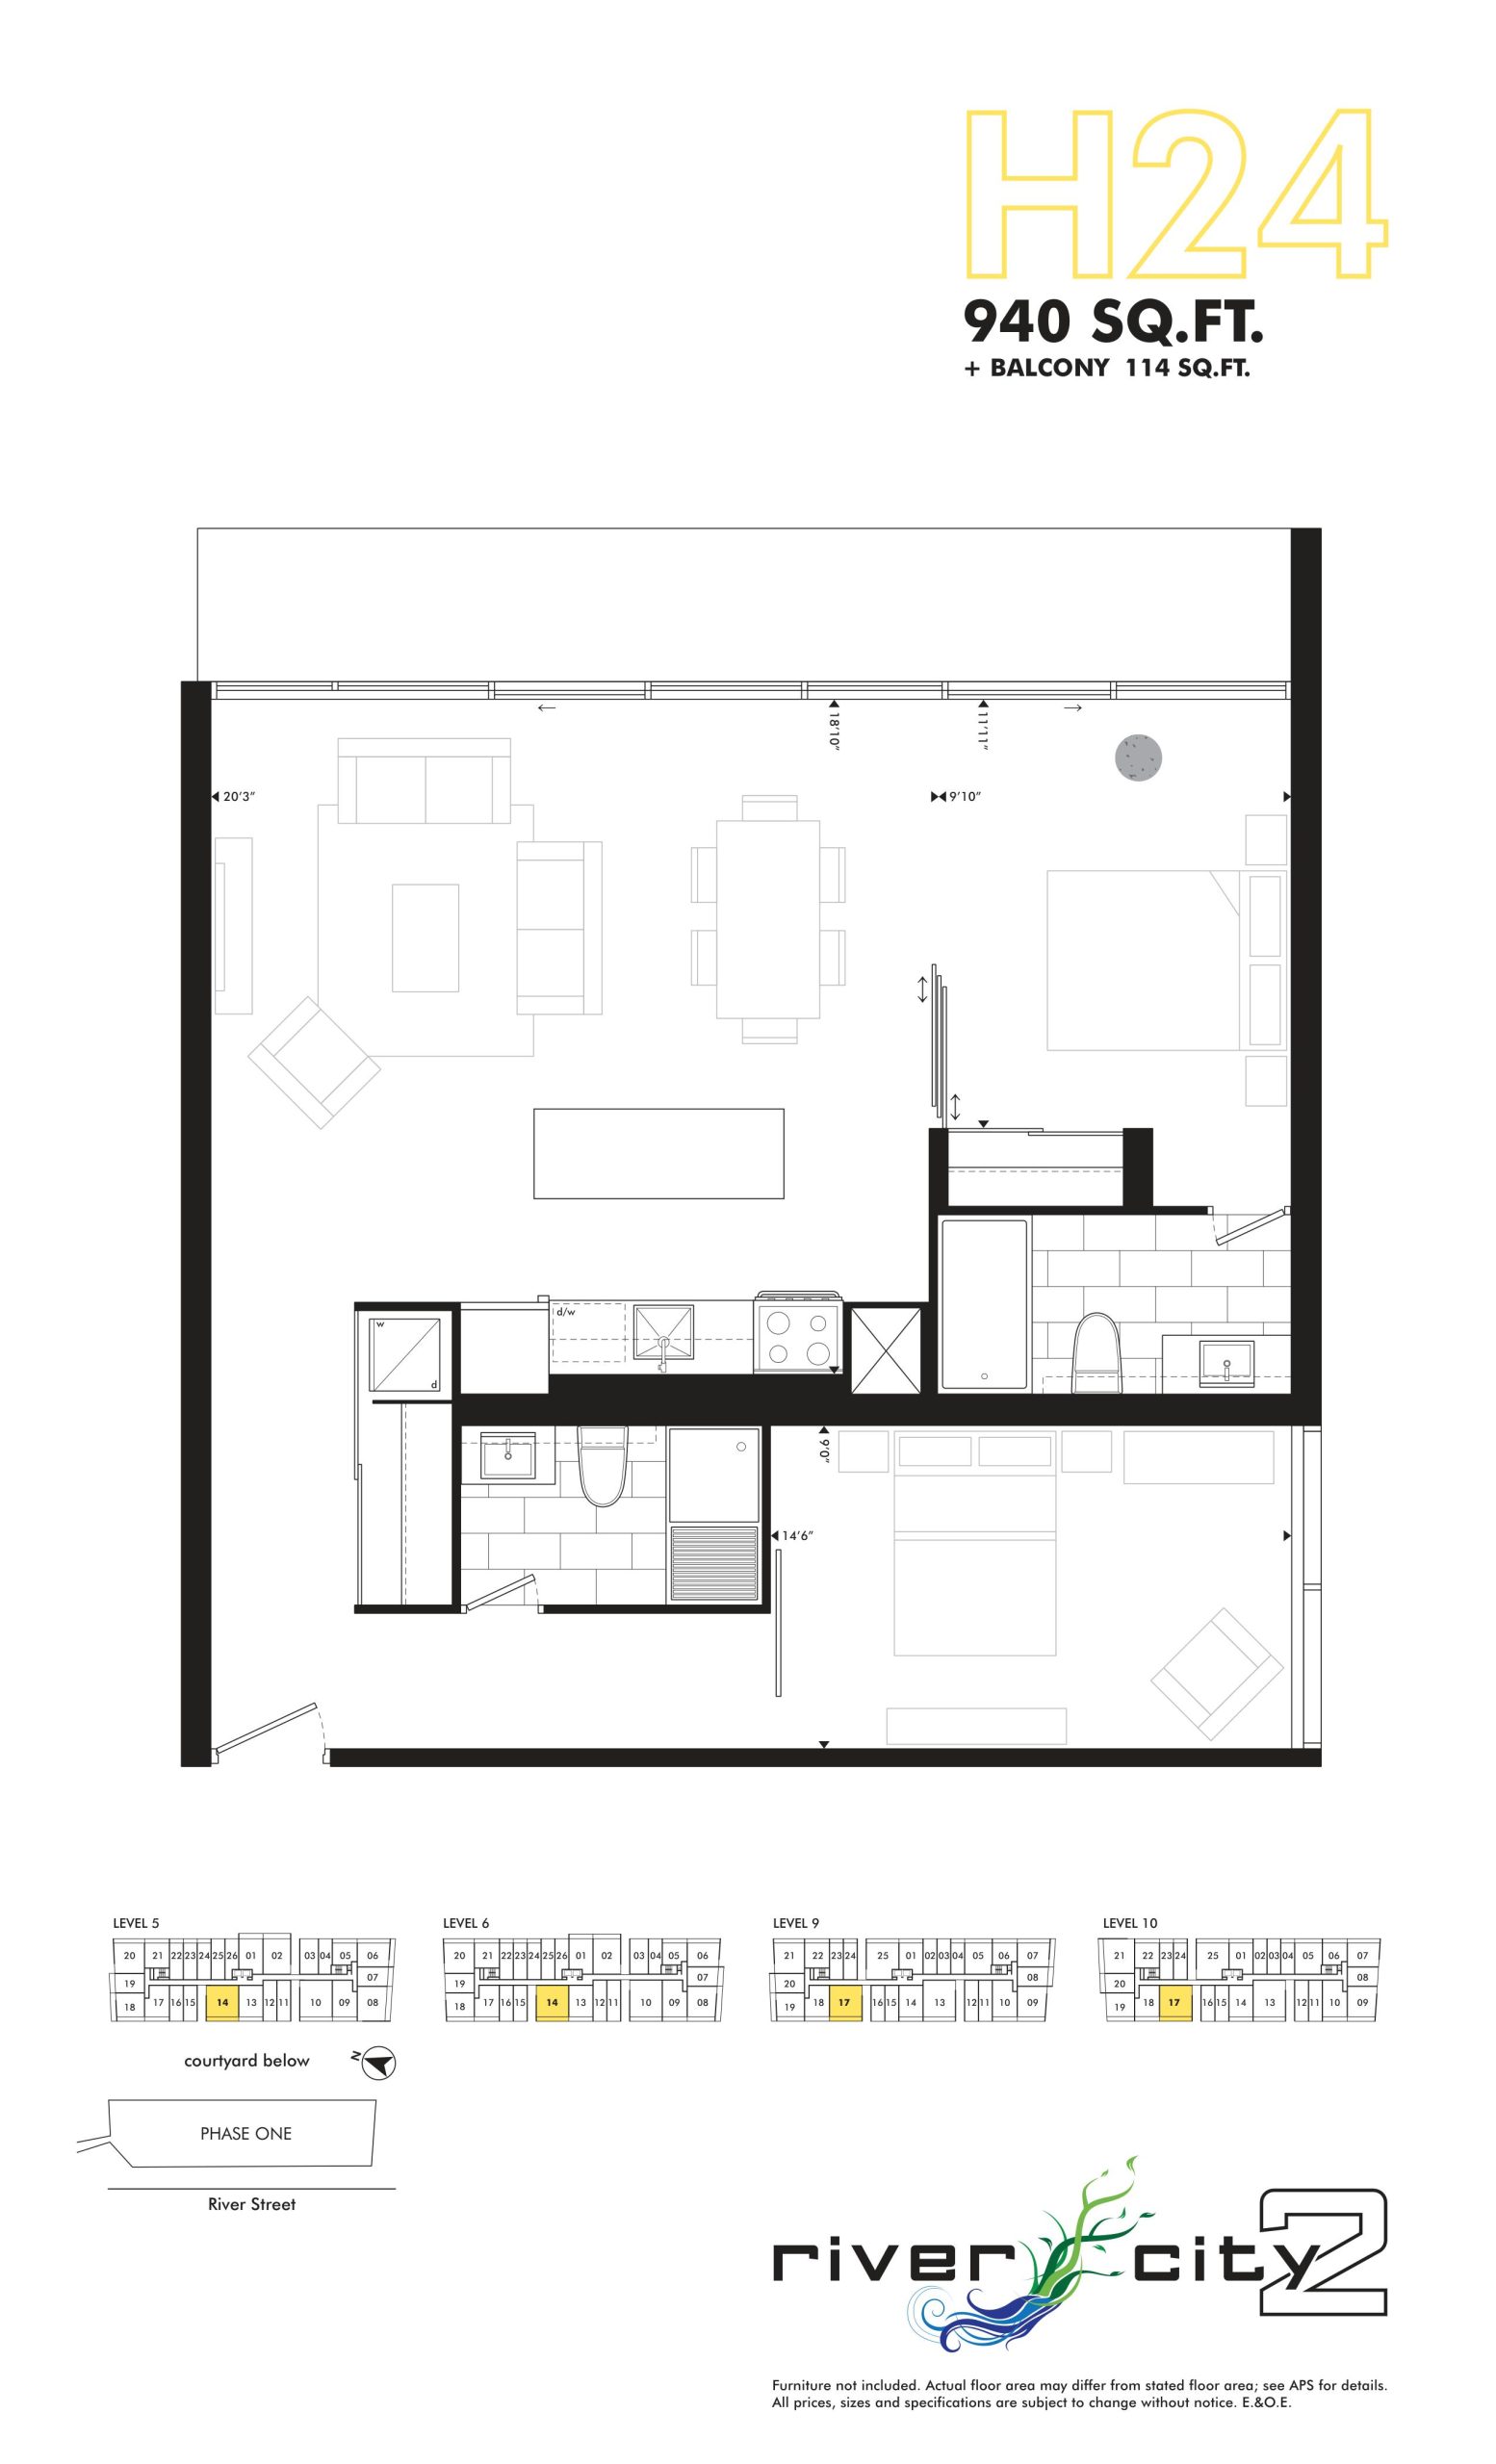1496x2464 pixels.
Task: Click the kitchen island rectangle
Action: [x=658, y=1153]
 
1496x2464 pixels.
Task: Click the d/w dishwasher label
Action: [x=566, y=1312]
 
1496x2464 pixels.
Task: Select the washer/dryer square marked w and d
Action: [x=406, y=1355]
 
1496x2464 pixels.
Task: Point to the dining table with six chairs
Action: [x=768, y=919]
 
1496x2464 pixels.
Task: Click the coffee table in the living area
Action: [x=425, y=938]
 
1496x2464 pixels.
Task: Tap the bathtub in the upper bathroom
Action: [x=984, y=1304]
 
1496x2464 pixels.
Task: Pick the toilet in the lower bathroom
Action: [x=602, y=1466]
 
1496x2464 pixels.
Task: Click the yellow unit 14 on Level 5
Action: [x=222, y=2003]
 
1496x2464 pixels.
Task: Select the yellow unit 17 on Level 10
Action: [x=1175, y=2003]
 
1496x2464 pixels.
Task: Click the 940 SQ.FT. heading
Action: [x=1114, y=322]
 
